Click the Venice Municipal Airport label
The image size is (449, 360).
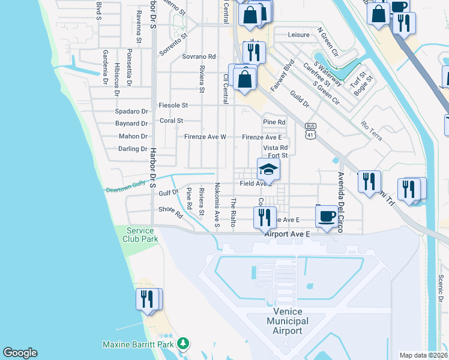tap(291, 322)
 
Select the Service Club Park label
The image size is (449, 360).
tap(142, 235)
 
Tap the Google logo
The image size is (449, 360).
tap(20, 353)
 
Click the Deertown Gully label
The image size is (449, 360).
tap(126, 188)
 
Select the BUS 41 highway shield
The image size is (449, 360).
tap(310, 130)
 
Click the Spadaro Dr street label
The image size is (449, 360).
tap(132, 112)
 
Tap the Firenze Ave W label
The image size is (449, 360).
tap(205, 137)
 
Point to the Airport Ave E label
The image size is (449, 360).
tap(287, 234)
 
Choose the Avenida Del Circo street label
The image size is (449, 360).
tap(340, 198)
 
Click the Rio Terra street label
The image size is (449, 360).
tap(371, 128)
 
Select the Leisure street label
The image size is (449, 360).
tap(298, 35)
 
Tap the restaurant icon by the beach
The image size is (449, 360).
tap(147, 298)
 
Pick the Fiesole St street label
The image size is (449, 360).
tap(173, 105)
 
